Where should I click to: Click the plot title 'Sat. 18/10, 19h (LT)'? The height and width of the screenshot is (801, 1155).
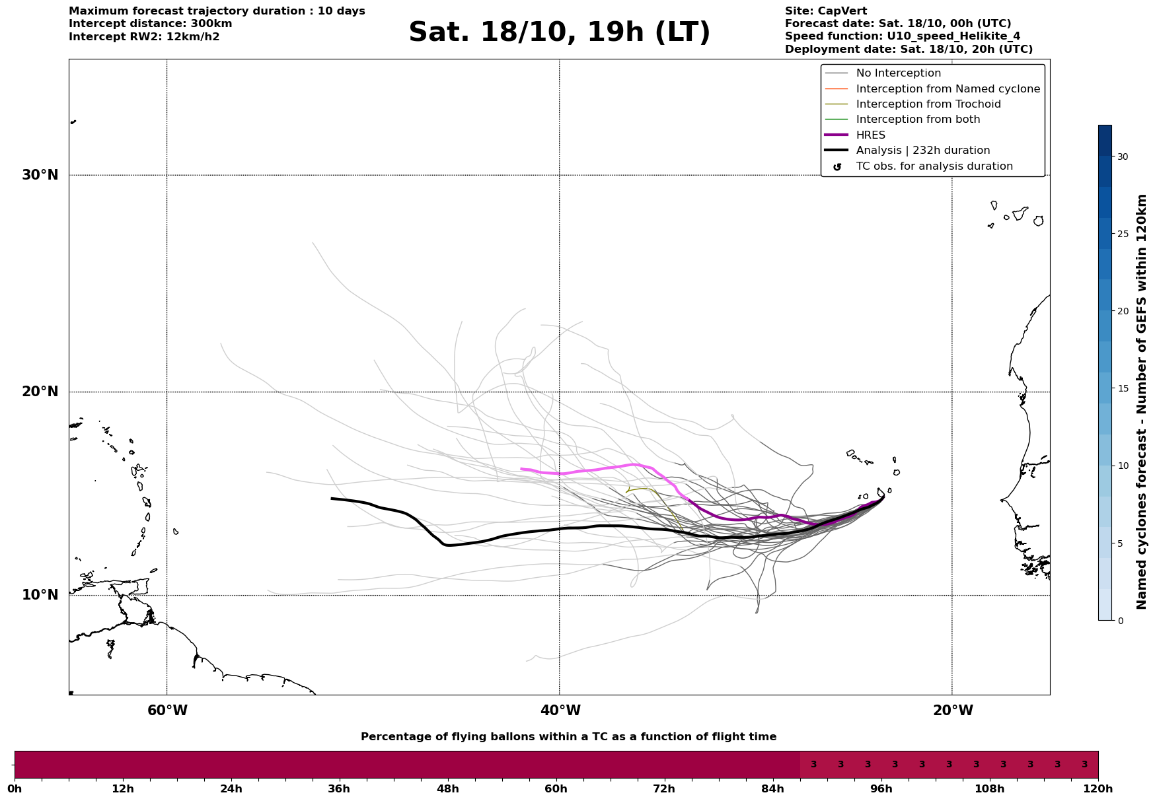click(x=559, y=32)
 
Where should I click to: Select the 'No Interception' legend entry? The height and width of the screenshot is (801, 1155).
click(x=899, y=73)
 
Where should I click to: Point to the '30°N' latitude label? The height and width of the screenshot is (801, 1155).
click(x=40, y=175)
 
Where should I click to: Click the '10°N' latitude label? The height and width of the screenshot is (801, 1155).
click(x=40, y=595)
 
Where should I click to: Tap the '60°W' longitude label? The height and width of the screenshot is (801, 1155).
click(x=167, y=711)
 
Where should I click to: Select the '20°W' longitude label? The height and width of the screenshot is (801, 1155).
click(x=952, y=711)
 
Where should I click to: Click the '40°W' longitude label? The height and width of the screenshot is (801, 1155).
click(x=560, y=711)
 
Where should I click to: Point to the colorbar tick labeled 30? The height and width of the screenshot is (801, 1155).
click(x=1123, y=157)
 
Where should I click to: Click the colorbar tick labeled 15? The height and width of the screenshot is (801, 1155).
click(x=1123, y=388)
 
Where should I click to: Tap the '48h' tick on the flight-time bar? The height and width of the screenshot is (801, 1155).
click(x=447, y=788)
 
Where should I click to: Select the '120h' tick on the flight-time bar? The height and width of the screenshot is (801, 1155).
click(x=1098, y=788)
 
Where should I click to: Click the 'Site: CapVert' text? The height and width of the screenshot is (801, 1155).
click(x=826, y=11)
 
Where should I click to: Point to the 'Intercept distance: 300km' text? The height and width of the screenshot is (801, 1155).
click(x=151, y=24)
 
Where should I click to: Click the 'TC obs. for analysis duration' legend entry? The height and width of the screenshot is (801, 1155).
click(x=934, y=166)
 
